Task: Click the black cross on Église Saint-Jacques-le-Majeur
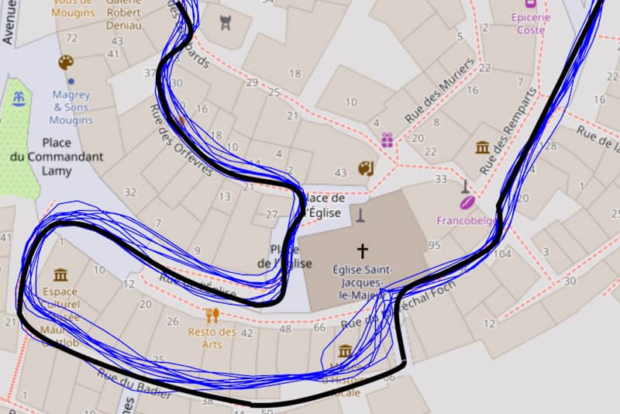(361, 250)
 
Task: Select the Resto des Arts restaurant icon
(212, 315)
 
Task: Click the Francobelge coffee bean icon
(467, 202)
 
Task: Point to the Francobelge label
(466, 220)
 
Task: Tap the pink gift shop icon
(387, 140)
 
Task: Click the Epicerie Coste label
(531, 23)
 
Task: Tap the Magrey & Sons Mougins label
(71, 108)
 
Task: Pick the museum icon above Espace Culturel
(60, 274)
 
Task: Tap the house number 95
(433, 246)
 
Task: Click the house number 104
(502, 254)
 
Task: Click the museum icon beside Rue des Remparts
(482, 147)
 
